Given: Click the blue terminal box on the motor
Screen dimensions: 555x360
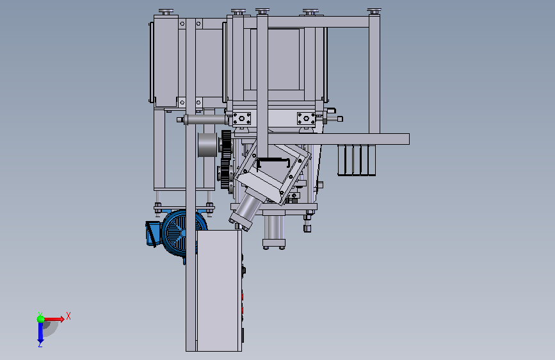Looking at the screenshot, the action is pyautogui.click(x=153, y=233).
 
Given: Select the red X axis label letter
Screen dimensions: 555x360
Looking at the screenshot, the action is pyautogui.click(x=68, y=316).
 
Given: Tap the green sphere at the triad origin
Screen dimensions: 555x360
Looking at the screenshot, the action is pyautogui.click(x=41, y=319).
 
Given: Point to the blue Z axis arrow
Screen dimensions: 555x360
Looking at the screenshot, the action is pyautogui.click(x=40, y=333).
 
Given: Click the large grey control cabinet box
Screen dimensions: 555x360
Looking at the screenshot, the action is pyautogui.click(x=219, y=291).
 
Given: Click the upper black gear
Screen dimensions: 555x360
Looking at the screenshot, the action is pyautogui.click(x=226, y=145).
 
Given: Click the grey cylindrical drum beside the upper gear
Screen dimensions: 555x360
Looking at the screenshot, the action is pyautogui.click(x=207, y=145).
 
